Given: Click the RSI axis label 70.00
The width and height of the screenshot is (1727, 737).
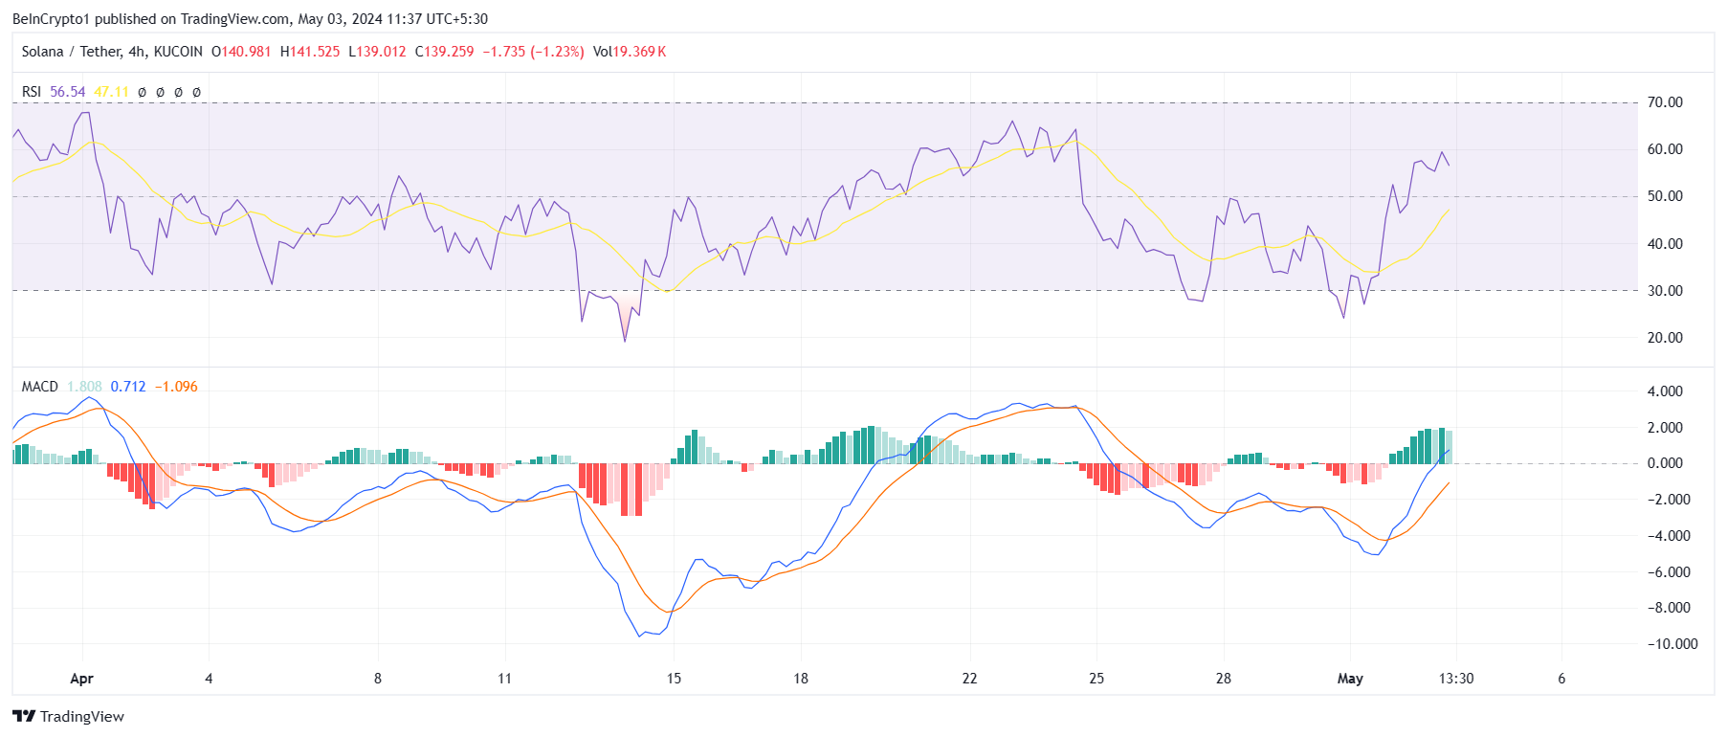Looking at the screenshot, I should click(x=1664, y=102).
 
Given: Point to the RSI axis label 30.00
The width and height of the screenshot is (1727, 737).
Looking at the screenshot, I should click(x=1664, y=291).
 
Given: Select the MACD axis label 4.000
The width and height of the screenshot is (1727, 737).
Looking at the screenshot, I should click(x=1664, y=391).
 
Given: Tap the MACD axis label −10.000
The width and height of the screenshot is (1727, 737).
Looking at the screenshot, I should click(x=1672, y=644).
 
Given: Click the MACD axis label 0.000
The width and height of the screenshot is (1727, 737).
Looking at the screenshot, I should click(x=1664, y=463).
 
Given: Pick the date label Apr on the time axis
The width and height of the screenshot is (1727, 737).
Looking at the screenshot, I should click(x=81, y=679).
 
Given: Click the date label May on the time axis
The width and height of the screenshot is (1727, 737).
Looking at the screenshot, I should click(x=1350, y=679).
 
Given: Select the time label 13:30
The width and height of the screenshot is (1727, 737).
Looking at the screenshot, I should click(x=1456, y=679).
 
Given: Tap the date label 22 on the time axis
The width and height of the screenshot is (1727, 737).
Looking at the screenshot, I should click(x=969, y=679).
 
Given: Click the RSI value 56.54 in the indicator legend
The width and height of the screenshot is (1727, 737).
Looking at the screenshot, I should click(x=67, y=92).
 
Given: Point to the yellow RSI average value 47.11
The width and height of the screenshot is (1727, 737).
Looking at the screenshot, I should click(x=111, y=92).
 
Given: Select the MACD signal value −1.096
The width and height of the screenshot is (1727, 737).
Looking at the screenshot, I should click(x=176, y=387).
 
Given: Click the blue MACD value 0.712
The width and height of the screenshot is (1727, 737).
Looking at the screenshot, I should click(x=128, y=387).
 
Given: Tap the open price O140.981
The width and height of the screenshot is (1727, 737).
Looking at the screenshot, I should click(x=241, y=52).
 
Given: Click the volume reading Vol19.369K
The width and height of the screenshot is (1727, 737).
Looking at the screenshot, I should click(x=629, y=52).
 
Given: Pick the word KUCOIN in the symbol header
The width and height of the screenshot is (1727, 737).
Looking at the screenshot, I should click(x=178, y=52).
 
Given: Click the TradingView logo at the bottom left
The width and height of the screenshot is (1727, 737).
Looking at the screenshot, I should click(x=69, y=716).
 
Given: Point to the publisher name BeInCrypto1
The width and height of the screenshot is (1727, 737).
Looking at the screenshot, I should click(x=52, y=18).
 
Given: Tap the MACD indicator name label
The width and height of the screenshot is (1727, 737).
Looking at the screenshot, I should click(x=39, y=387).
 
